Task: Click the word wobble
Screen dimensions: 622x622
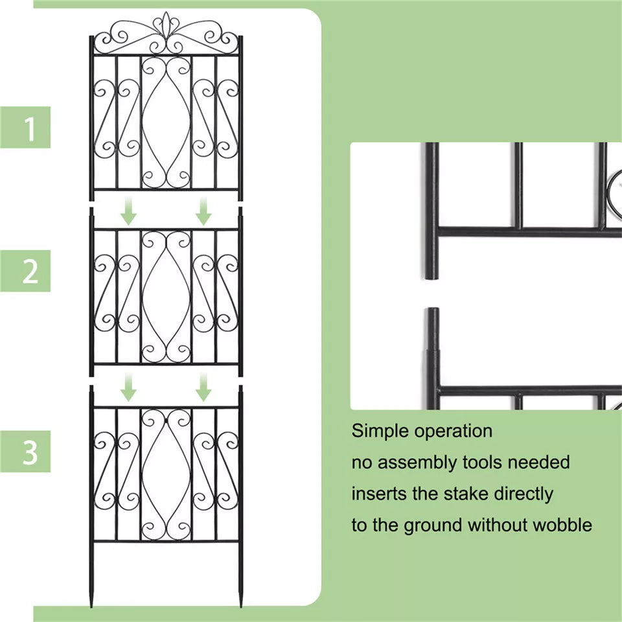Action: (562, 525)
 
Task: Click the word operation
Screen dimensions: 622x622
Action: (454, 432)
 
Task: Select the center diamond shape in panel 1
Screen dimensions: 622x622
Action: (166, 123)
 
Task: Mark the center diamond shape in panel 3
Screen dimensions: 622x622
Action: (166, 474)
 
